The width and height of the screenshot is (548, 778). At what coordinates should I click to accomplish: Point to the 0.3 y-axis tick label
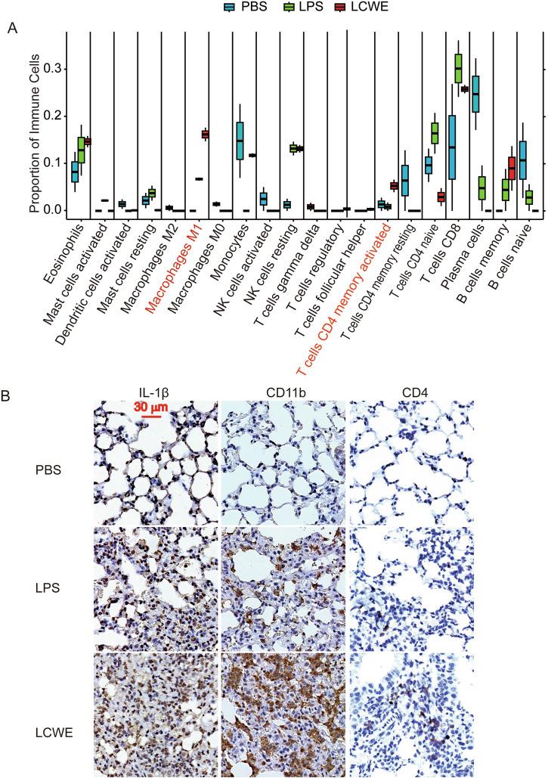pos(51,70)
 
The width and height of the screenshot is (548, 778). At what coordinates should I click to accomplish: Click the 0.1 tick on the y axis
pos(51,163)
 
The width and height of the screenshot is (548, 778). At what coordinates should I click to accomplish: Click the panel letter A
pos(12,28)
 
